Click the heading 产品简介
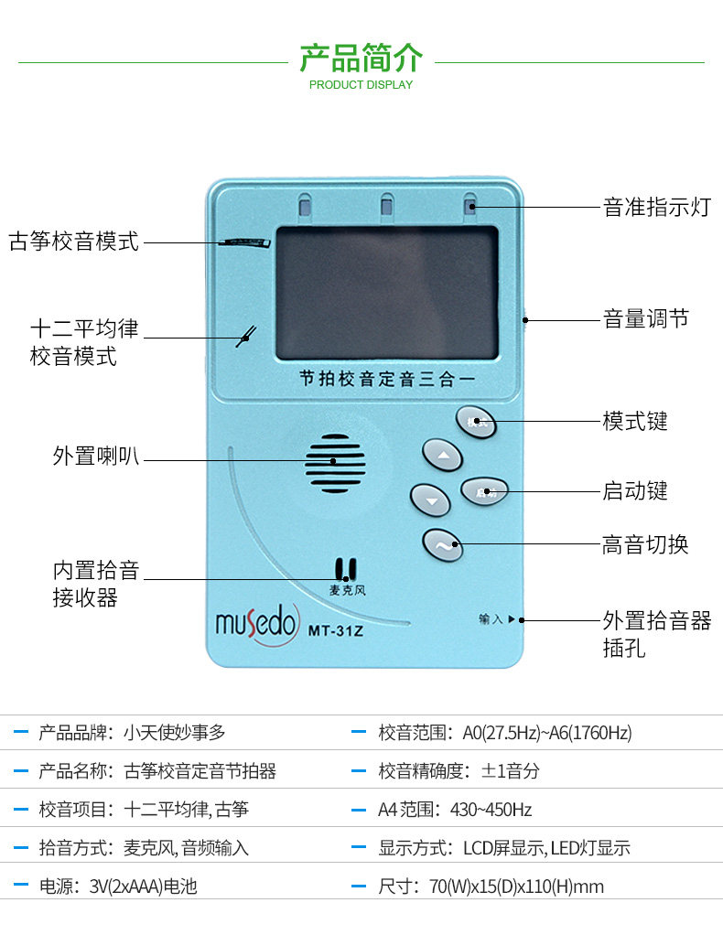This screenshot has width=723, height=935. coord(361,57)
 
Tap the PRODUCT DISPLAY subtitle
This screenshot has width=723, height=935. coord(361,85)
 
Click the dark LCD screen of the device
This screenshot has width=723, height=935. coord(386,292)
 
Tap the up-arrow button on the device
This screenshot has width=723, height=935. coord(442,455)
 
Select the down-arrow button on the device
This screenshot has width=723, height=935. coord(430,499)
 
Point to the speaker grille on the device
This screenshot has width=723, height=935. coord(335,463)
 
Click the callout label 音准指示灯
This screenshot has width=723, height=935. coord(656,207)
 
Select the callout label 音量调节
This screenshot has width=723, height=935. coord(645,319)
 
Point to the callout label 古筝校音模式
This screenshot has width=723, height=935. coord(74,242)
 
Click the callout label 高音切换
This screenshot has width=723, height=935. coord(645,545)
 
